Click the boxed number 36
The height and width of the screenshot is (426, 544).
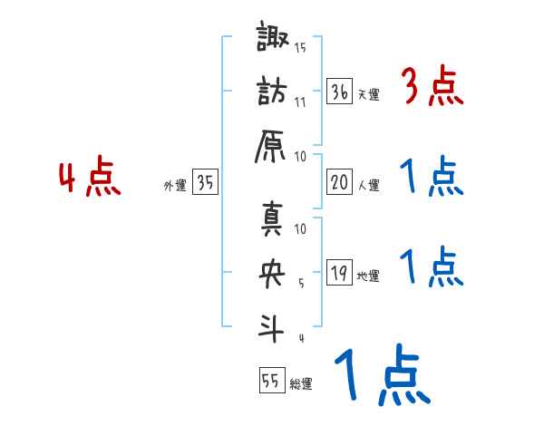340,91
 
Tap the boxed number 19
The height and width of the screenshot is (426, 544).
340,273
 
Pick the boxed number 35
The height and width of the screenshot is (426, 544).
205,183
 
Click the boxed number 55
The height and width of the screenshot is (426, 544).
270,382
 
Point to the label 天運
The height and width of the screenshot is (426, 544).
368,94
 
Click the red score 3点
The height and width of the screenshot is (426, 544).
431,87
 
